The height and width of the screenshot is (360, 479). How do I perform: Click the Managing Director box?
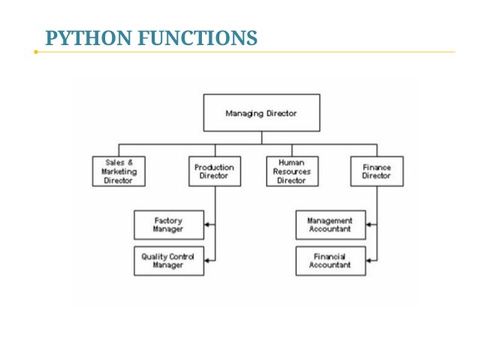point(261,113)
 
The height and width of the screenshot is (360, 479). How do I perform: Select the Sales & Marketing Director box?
point(119,171)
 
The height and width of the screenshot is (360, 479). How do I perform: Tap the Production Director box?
point(214,171)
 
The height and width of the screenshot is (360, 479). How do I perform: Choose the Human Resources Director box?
point(292,171)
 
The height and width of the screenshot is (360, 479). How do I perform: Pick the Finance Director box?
point(376,171)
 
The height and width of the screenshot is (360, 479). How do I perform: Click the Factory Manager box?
point(169,225)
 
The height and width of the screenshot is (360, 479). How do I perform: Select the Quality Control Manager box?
point(169,261)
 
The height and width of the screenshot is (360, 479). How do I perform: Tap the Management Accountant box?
point(330,225)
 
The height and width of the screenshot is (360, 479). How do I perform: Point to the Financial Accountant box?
point(330,261)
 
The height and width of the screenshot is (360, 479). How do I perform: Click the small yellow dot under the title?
point(35,53)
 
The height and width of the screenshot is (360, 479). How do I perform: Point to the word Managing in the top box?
point(244,113)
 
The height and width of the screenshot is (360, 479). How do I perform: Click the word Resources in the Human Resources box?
point(292,172)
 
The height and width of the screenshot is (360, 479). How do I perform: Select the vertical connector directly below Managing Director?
point(261,138)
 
